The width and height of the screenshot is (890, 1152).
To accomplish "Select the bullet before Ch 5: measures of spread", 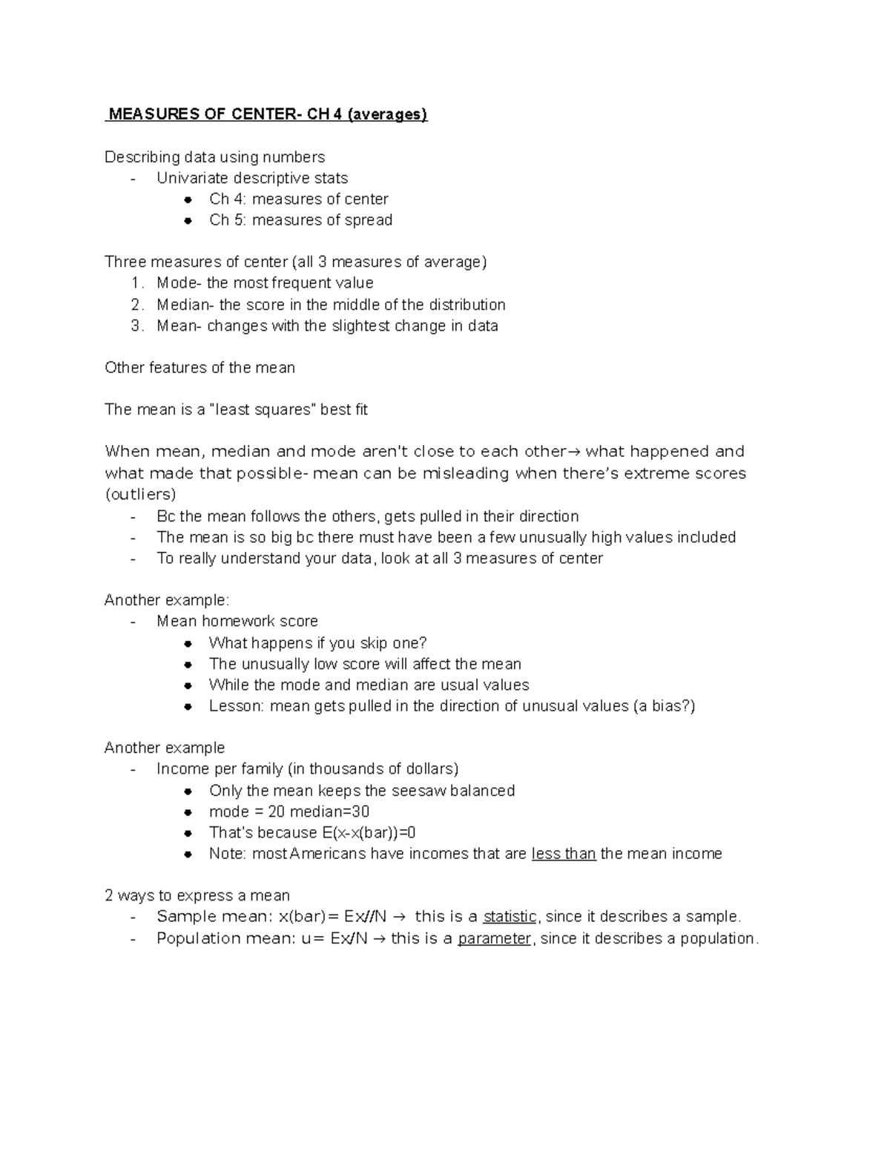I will (x=189, y=220).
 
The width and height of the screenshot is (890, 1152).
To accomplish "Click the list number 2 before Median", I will (x=136, y=305).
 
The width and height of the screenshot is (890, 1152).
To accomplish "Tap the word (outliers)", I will (x=140, y=495).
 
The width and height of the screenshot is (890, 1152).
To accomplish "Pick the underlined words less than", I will (x=564, y=854).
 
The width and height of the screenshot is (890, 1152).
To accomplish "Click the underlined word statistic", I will (x=510, y=917).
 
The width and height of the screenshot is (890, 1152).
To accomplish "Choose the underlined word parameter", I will (x=495, y=938).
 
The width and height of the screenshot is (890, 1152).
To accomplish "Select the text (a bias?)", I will (x=665, y=706).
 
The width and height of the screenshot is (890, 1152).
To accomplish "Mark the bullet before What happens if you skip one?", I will (x=189, y=643).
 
